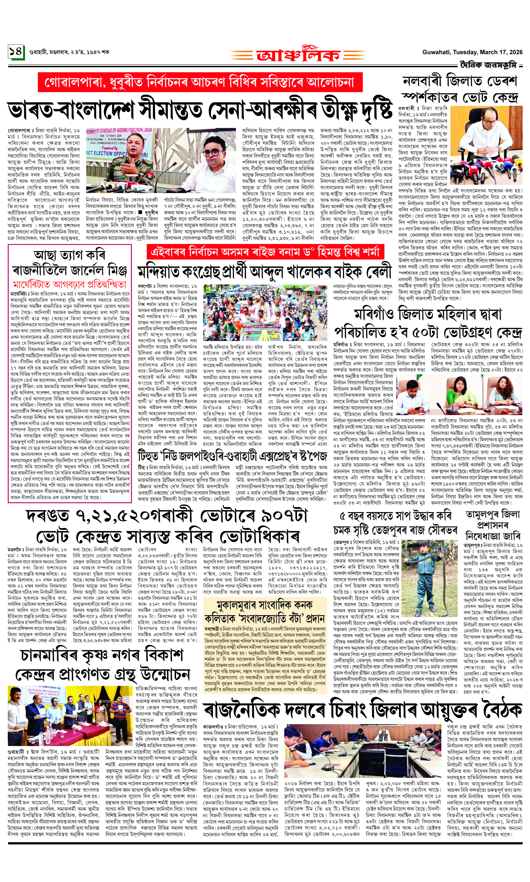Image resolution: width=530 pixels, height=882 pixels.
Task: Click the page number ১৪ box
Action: (x=16, y=52)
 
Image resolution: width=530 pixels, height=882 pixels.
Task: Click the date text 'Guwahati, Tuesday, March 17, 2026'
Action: (x=472, y=52)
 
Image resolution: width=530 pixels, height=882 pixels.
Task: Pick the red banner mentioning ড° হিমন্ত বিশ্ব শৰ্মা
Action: (x=265, y=252)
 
